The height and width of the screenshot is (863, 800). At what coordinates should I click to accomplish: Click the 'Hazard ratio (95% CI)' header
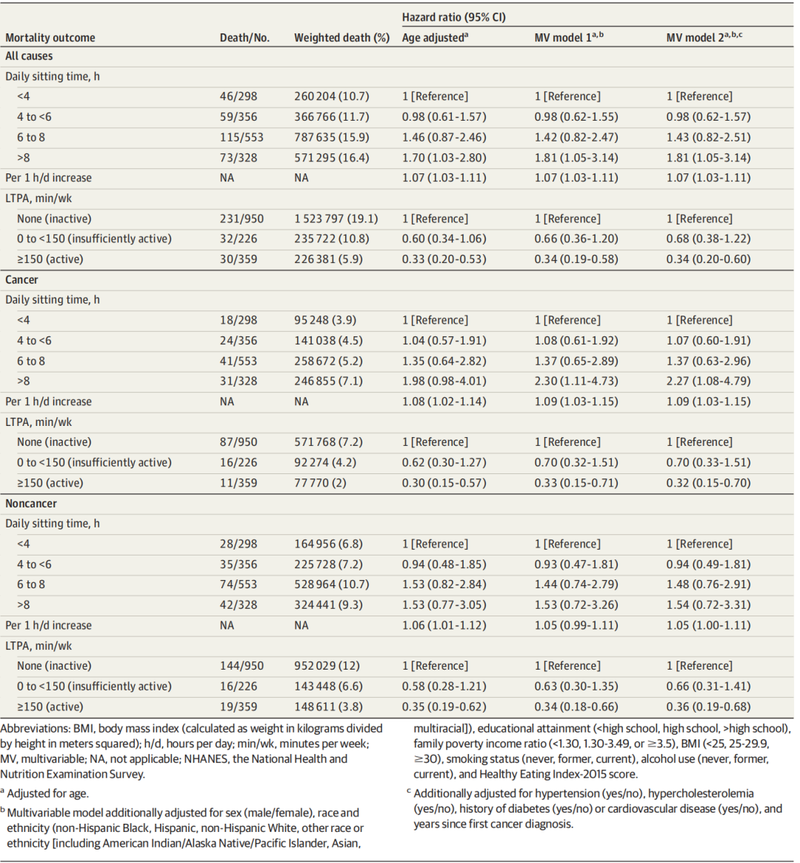tap(453, 17)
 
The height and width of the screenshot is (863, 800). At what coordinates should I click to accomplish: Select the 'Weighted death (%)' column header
tap(341, 38)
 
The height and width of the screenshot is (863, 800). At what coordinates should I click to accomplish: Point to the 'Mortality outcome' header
tap(50, 38)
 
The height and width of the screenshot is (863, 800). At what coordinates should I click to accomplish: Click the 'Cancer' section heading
tap(21, 279)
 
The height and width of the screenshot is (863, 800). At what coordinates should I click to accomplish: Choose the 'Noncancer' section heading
tap(31, 503)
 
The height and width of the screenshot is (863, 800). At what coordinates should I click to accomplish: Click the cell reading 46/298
tap(239, 96)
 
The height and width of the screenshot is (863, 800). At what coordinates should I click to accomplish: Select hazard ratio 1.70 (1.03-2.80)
tap(444, 158)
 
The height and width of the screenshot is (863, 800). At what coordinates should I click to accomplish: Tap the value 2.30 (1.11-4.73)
tap(576, 381)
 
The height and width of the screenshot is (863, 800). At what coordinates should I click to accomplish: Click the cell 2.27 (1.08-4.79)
tap(708, 381)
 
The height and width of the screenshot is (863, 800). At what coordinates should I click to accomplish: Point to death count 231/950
tap(241, 219)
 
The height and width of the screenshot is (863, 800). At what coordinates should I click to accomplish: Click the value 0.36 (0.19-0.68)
tap(708, 706)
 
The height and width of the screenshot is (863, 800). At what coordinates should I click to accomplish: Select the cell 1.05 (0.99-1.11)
tap(576, 625)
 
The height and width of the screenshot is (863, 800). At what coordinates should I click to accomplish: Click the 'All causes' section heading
tap(29, 56)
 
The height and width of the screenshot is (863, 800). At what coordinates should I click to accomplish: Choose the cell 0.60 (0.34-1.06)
tap(444, 239)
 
